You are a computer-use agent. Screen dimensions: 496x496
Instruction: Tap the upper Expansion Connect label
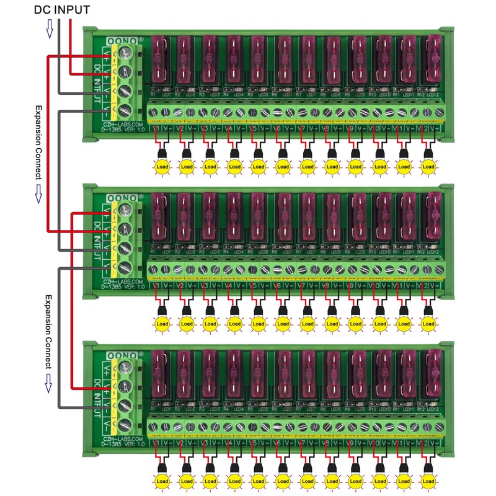tap(38, 142)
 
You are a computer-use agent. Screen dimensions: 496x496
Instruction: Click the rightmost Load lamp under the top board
tap(428, 167)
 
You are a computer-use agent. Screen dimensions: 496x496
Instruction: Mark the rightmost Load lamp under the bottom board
tap(428, 481)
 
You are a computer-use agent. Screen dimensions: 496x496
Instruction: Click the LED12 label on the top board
tap(433, 95)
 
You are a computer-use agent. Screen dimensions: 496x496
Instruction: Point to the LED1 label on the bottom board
tap(166, 409)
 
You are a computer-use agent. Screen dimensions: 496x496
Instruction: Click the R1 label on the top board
tap(153, 95)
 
